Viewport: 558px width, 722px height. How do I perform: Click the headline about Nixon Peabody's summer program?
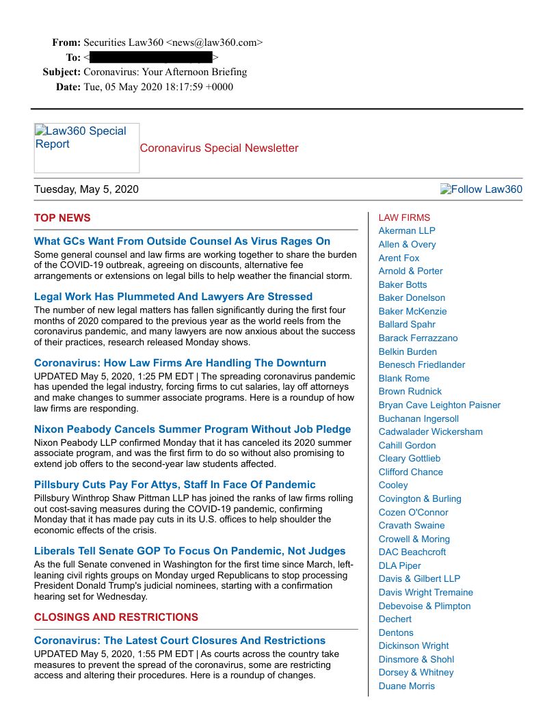pyautogui.click(x=192, y=429)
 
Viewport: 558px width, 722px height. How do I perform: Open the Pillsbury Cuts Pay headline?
pyautogui.click(x=174, y=485)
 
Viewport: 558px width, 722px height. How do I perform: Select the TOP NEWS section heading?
pyautogui.click(x=62, y=218)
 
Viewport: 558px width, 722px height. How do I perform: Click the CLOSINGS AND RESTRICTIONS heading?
pyautogui.click(x=116, y=617)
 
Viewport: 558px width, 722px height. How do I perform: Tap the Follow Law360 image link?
pyautogui.click(x=481, y=189)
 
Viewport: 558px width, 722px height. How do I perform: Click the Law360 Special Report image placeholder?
pyautogui.click(x=86, y=148)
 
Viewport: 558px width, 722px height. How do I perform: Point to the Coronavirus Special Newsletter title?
pyautogui.click(x=219, y=148)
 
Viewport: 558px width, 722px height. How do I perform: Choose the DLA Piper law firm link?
pyautogui.click(x=399, y=565)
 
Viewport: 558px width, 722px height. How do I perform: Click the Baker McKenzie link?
pyautogui.click(x=412, y=311)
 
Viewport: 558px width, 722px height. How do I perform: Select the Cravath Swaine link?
pyautogui.click(x=412, y=525)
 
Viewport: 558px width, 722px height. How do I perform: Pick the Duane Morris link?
pyautogui.click(x=406, y=686)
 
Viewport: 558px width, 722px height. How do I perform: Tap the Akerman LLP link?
pyautogui.click(x=407, y=230)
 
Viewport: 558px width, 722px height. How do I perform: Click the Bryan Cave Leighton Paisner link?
pyautogui.click(x=439, y=405)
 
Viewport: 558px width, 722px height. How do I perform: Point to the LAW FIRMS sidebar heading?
pyautogui.click(x=404, y=217)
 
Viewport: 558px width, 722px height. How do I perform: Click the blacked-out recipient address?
pyautogui.click(x=150, y=58)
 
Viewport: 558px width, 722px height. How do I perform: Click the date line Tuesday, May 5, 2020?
pyautogui.click(x=86, y=189)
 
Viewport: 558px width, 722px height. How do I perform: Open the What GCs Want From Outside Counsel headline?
pyautogui.click(x=182, y=241)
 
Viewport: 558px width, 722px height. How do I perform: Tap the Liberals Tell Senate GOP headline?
pyautogui.click(x=189, y=551)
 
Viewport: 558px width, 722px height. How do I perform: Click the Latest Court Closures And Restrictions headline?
pyautogui.click(x=179, y=641)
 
